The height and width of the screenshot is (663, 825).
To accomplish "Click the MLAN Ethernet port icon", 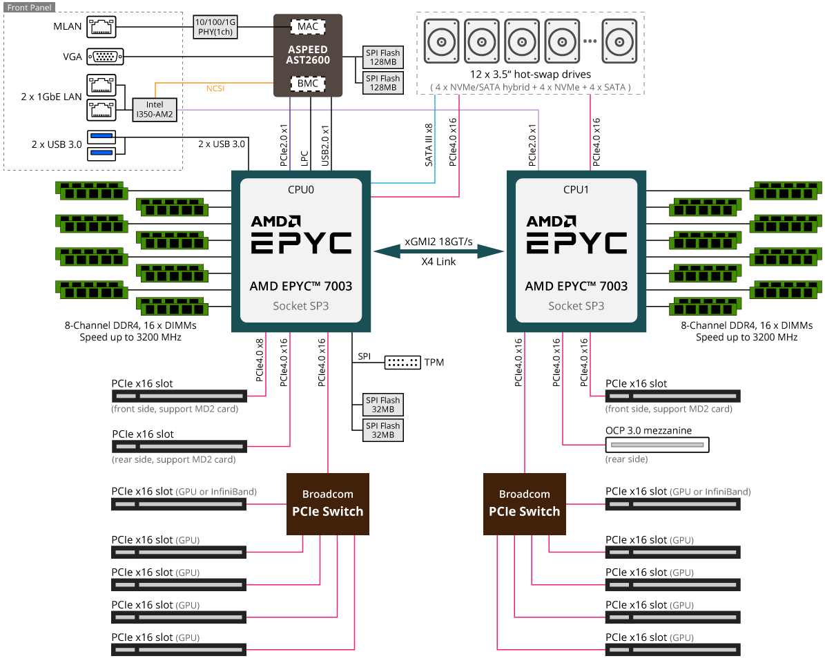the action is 101,27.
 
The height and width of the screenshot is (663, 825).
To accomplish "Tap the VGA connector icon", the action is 105,57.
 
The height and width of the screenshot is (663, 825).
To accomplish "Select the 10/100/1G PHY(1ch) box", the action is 215,27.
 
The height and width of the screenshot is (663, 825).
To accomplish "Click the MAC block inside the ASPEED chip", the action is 308,26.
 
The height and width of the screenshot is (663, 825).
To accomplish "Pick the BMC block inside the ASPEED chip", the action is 308,83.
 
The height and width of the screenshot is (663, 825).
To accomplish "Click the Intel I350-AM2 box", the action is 155,109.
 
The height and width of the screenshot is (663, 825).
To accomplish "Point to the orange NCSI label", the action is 215,88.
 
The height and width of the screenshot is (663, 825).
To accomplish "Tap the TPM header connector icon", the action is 402,363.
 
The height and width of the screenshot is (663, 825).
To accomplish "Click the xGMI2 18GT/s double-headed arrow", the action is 439,251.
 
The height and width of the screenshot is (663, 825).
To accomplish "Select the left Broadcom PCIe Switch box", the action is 328,504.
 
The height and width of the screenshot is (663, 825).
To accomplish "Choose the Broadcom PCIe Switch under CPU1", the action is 525,504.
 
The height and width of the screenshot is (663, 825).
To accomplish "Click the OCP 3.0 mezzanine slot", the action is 657,445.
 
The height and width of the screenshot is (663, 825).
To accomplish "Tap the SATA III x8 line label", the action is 429,145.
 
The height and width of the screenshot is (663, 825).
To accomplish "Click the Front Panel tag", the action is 30,8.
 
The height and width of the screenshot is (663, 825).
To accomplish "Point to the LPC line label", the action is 304,159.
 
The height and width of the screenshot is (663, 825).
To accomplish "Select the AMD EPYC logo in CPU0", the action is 301,235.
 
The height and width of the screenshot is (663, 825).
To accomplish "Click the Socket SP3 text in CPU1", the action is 576,306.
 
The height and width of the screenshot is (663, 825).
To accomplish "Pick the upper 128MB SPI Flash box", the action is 383,57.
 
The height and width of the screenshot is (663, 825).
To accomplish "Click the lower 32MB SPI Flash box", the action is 383,430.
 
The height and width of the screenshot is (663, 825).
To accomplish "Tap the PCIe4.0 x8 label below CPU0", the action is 260,360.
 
